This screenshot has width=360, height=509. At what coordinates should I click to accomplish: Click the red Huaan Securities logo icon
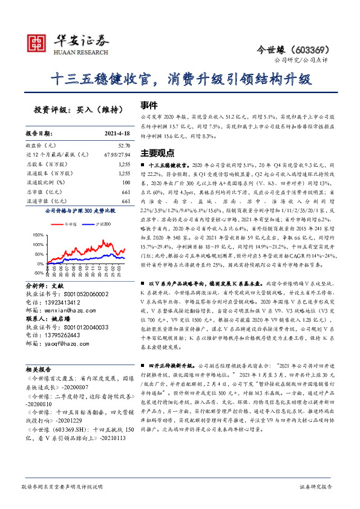point(38,42)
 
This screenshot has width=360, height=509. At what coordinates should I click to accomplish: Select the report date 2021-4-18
point(116,132)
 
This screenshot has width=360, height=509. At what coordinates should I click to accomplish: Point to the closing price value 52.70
point(124,146)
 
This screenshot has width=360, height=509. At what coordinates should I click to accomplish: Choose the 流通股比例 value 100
point(126,182)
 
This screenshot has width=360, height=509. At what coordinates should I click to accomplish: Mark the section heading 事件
point(149,104)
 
